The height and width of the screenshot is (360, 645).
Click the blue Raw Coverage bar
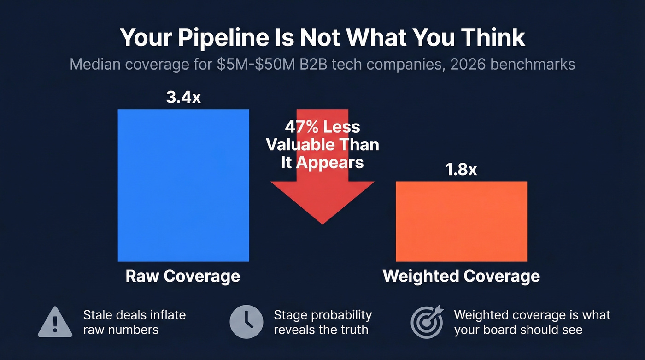click(x=183, y=185)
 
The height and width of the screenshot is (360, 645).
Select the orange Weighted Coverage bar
click(x=461, y=221)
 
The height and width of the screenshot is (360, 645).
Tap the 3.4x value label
click(x=183, y=98)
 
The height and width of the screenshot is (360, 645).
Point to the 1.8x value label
click(x=461, y=170)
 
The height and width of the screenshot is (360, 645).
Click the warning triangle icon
click(x=55, y=322)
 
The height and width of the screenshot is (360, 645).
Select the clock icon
click(x=246, y=322)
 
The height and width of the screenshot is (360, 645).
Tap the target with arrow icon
click(x=427, y=322)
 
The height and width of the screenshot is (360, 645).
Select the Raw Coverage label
click(x=183, y=276)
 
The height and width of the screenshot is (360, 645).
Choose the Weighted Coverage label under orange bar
click(x=461, y=276)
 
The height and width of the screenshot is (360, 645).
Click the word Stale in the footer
click(x=99, y=315)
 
